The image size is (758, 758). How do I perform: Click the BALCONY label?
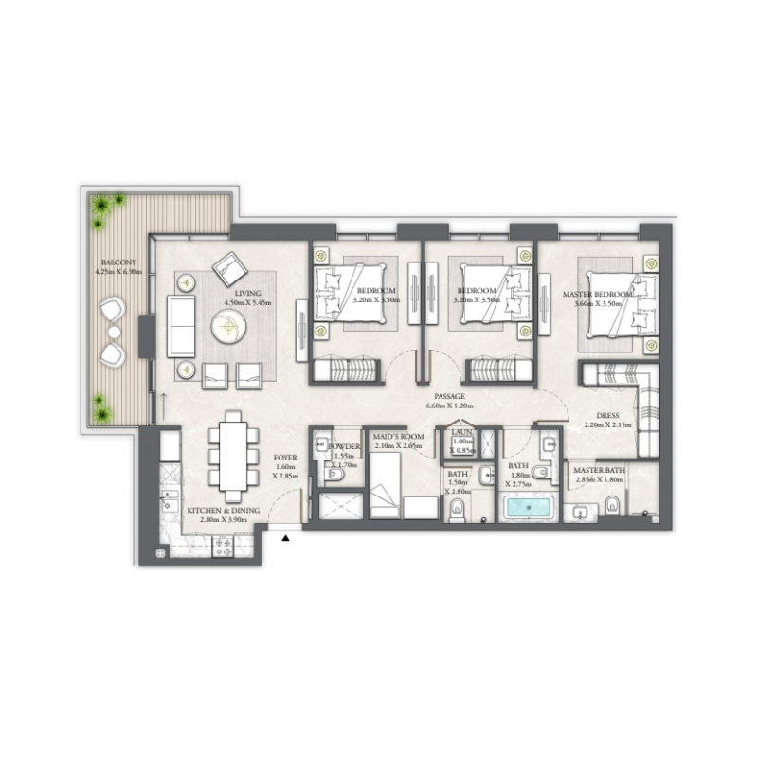point(119,261)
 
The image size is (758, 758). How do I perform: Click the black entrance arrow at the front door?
point(286,538)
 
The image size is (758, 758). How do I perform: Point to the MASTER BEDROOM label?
point(598,295)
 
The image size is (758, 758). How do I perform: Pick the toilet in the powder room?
point(332,473)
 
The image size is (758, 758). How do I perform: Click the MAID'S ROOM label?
point(397,437)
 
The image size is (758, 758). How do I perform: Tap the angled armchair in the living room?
point(228,269)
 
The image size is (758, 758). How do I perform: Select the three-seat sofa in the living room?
point(181,325)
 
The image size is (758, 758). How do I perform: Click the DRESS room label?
point(608,415)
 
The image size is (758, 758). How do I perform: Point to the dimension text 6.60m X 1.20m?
point(450,406)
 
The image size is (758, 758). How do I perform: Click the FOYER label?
point(286,456)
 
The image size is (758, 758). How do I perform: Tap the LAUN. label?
point(462,432)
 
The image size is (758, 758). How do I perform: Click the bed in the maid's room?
point(386,482)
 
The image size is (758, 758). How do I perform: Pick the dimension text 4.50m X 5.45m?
point(248,302)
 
